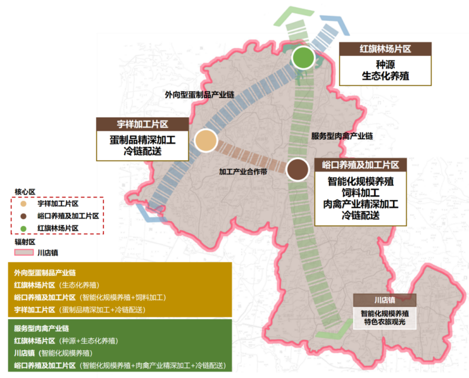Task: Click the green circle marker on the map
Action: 302,58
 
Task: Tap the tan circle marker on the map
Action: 205,141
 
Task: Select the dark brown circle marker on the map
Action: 297,169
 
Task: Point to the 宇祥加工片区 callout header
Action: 142,124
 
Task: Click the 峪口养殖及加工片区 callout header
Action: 361,164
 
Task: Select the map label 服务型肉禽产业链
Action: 341,136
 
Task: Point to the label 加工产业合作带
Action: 243,172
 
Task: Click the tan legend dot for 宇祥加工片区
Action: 23,204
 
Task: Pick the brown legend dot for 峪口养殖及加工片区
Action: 23,216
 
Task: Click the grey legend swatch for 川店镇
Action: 24,252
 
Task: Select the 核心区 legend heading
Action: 25,191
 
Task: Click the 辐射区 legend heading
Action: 25,241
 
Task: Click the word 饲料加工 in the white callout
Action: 361,192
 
